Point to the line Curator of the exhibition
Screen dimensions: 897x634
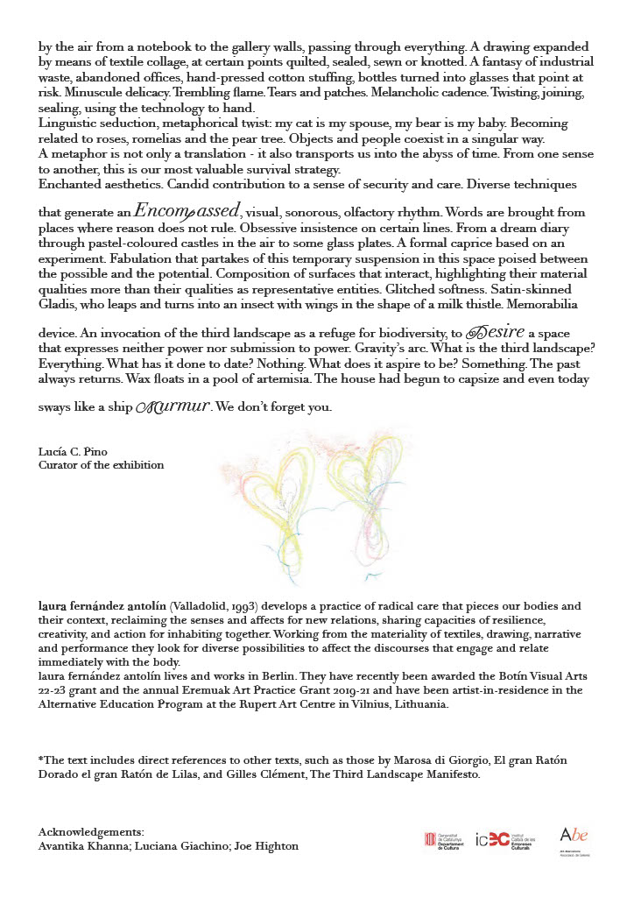[101, 465]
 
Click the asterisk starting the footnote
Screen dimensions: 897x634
[41, 760]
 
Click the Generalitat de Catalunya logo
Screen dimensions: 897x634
[443, 840]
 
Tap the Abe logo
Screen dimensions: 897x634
[574, 838]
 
